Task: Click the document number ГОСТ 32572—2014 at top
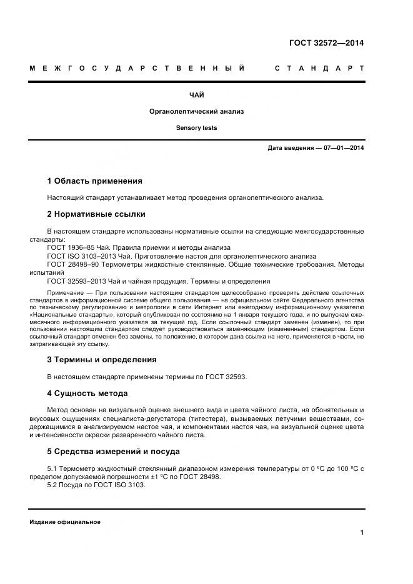pyautogui.click(x=326, y=43)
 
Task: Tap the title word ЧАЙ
pyautogui.click(x=196, y=95)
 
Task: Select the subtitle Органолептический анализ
pyautogui.click(x=196, y=111)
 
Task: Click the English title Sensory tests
pyautogui.click(x=196, y=127)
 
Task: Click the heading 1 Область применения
pyautogui.click(x=94, y=181)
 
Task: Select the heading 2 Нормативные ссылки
pyautogui.click(x=96, y=214)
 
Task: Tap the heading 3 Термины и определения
pyautogui.click(x=101, y=360)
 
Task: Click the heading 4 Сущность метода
pyautogui.click(x=87, y=393)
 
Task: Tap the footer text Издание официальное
pyautogui.click(x=64, y=522)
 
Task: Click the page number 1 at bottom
pyautogui.click(x=362, y=532)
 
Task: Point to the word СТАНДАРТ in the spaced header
pyautogui.click(x=319, y=68)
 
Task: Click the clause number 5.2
pyautogui.click(x=53, y=485)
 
